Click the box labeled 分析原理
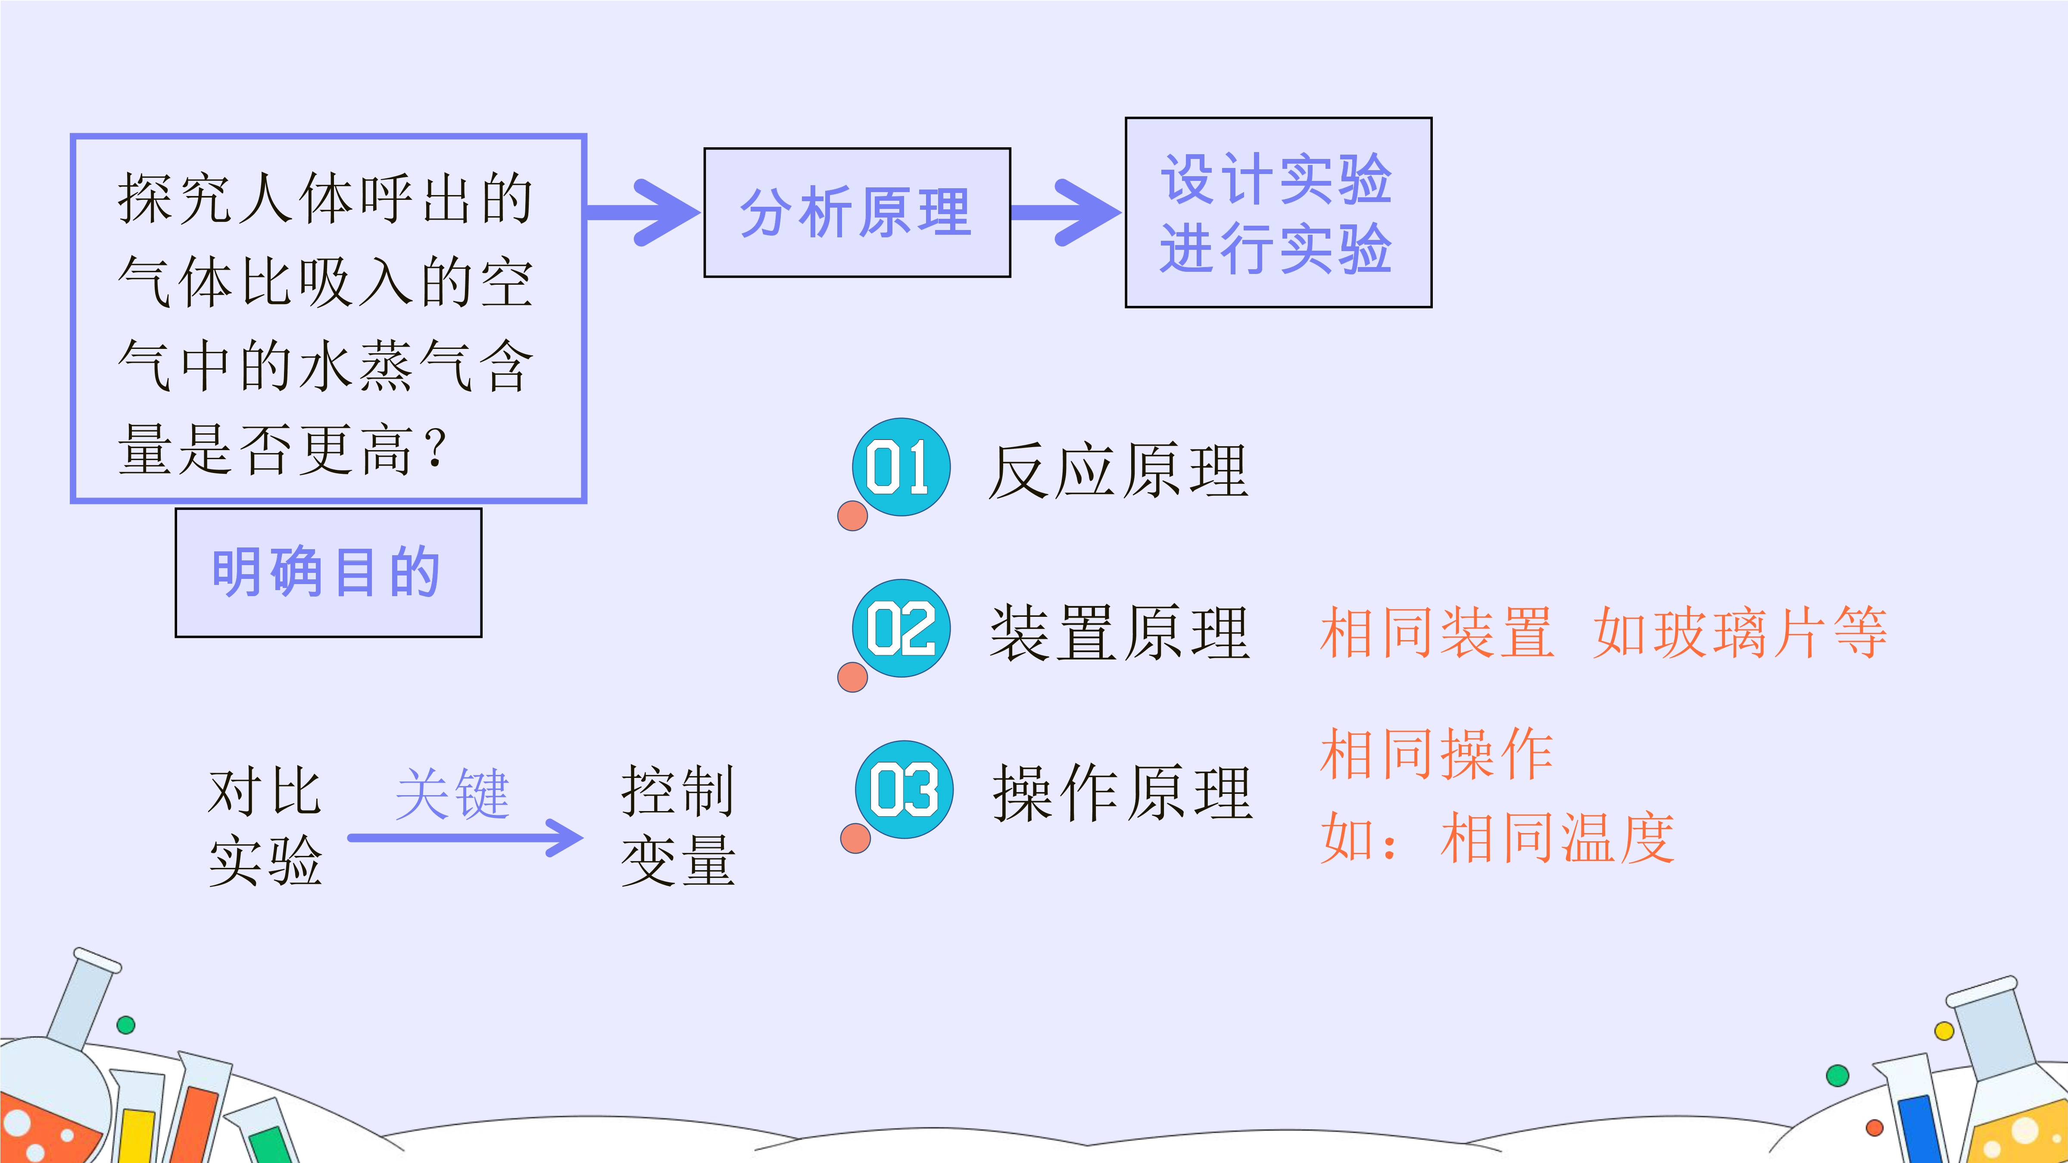[857, 213]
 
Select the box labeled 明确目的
[328, 572]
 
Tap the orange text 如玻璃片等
[1740, 632]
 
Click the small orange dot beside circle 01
[852, 516]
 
